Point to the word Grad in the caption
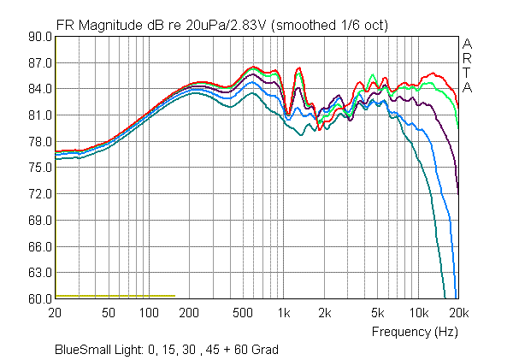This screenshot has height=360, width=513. [262, 350]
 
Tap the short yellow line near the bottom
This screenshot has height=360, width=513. [115, 296]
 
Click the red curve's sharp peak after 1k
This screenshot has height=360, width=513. [298, 68]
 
